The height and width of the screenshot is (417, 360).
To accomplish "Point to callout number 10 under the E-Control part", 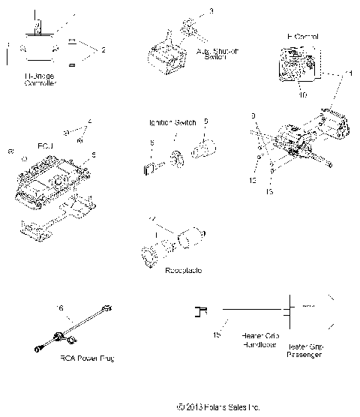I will pos(304,94).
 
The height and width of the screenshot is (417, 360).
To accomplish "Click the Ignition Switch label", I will pos(169,121).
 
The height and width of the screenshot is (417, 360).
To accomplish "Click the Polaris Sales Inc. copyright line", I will pos(218,407).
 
